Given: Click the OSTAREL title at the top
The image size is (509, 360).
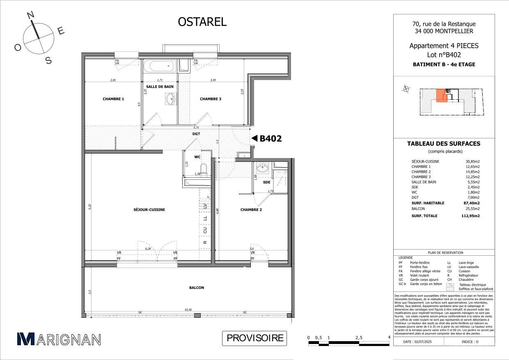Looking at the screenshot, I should click(202, 22).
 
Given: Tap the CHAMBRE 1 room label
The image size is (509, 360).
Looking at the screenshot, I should click(113, 99).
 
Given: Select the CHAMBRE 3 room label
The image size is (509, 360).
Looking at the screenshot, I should click(211, 99).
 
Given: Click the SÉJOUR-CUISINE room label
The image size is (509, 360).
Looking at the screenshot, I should click(149, 210).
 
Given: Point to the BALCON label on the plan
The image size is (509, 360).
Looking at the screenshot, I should click(197, 288).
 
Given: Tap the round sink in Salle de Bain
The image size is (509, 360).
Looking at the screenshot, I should click(170, 99).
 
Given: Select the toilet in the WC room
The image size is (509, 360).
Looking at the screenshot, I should click(203, 169).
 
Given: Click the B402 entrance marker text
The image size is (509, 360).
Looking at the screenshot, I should click(270, 139).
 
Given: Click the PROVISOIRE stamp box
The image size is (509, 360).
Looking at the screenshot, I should click(254, 338).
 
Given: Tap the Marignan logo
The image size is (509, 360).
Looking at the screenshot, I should click(59, 339).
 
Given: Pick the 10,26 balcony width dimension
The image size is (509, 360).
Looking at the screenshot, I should click(188, 310).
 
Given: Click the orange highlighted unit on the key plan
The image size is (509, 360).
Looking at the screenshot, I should click(441, 96).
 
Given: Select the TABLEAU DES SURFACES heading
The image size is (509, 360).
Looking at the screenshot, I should click(443, 144).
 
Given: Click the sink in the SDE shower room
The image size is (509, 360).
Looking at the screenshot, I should click(261, 168).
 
